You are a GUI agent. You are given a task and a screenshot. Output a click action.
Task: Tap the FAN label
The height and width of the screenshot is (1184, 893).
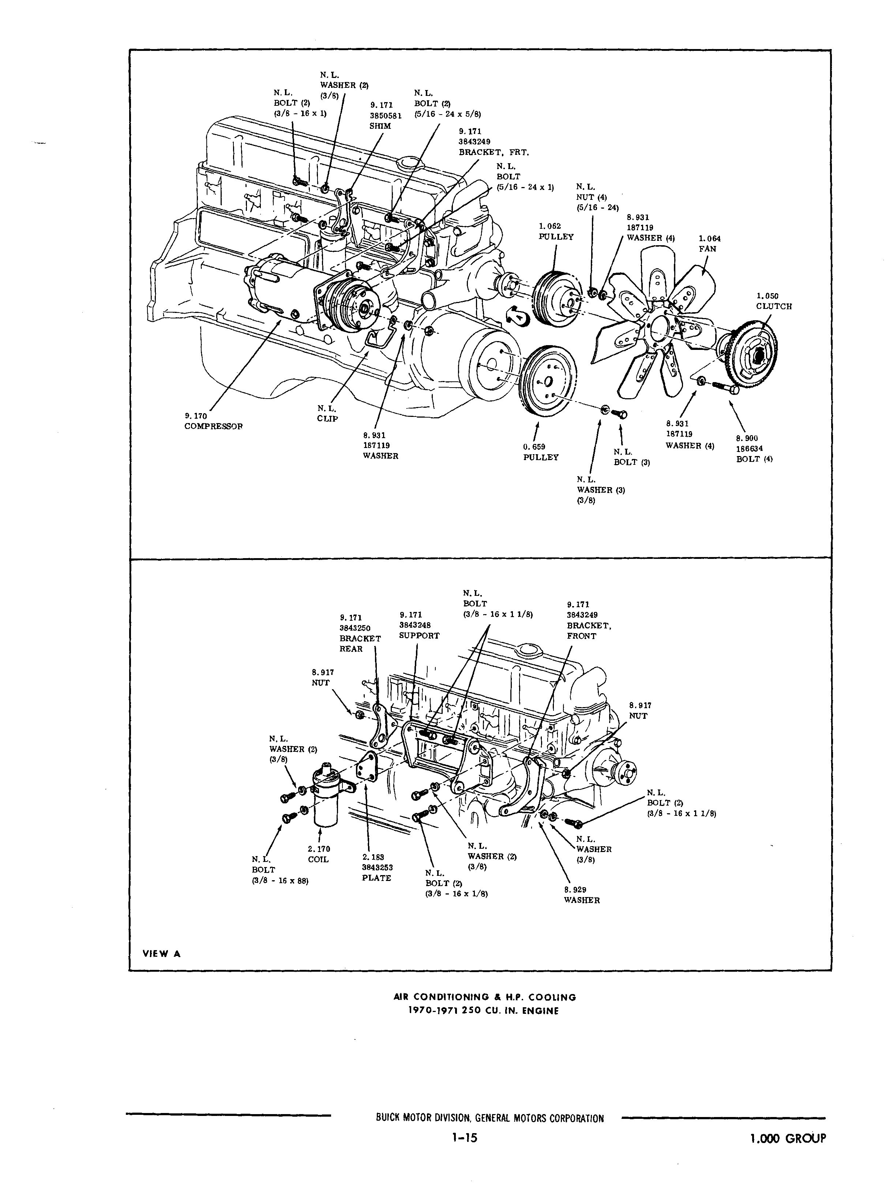(707, 249)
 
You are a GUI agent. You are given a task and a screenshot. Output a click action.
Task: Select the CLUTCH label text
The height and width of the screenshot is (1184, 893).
(773, 306)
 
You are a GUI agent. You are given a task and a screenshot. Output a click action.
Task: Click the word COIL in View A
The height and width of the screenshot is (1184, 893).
(318, 860)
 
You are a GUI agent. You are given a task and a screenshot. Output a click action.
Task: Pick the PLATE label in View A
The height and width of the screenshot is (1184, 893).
(376, 878)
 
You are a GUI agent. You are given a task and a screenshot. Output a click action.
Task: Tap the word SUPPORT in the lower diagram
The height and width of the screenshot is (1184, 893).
(419, 635)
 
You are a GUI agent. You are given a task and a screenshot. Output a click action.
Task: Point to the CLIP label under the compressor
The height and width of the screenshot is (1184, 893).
(327, 419)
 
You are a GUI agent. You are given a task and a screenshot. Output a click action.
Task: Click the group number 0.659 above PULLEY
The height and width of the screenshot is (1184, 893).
(533, 447)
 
